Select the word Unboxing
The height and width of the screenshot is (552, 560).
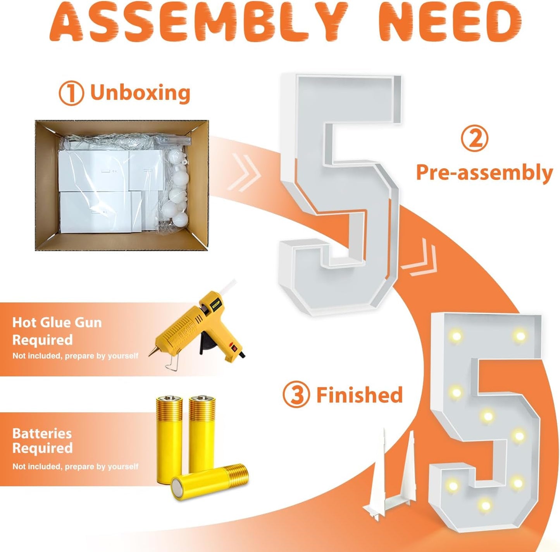pos(140,93)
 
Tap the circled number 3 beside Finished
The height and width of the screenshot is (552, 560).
pos(296,395)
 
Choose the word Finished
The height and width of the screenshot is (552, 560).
pos(359,395)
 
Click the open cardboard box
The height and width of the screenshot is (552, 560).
pos(122,185)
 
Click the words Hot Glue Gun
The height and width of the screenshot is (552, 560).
pos(57,323)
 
